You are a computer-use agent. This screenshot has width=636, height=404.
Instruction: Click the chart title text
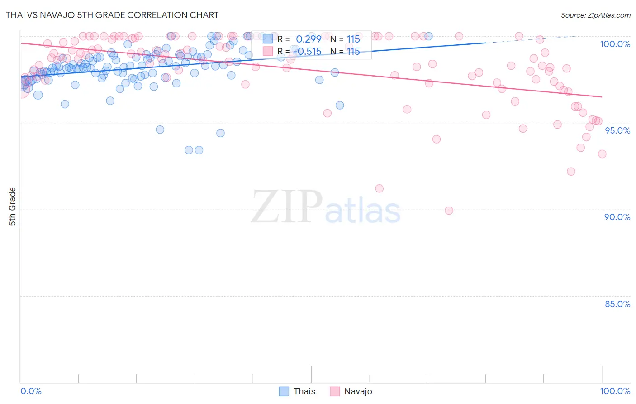112,15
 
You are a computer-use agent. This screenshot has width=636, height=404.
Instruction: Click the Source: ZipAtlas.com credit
595,15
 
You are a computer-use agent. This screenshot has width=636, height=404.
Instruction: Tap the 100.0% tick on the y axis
615,44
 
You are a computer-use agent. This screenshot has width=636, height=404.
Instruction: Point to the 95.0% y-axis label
617,130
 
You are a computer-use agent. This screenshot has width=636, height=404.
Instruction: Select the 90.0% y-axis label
617,217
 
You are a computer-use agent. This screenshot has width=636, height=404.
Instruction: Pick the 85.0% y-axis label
617,304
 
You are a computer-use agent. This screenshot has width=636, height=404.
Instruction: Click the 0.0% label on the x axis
31,391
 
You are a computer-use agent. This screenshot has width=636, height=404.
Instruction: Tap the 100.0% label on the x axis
615,391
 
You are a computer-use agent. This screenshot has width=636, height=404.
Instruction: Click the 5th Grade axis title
12,207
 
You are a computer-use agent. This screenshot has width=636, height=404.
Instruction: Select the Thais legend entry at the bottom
297,391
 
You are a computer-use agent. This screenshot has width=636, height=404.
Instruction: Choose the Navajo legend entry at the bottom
351,391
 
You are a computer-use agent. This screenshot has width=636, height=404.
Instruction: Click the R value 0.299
309,39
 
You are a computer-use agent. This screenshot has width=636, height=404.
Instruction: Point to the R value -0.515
309,51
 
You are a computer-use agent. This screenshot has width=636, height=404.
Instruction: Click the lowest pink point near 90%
449,211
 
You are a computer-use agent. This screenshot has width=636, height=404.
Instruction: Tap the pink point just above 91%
379,188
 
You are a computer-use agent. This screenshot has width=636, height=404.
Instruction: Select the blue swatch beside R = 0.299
268,39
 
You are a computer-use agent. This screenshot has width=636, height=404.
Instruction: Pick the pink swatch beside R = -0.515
268,51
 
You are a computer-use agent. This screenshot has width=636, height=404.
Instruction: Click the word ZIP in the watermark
287,207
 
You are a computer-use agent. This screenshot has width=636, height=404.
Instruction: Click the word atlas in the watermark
363,211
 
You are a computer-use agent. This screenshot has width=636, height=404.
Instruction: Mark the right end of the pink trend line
602,96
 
